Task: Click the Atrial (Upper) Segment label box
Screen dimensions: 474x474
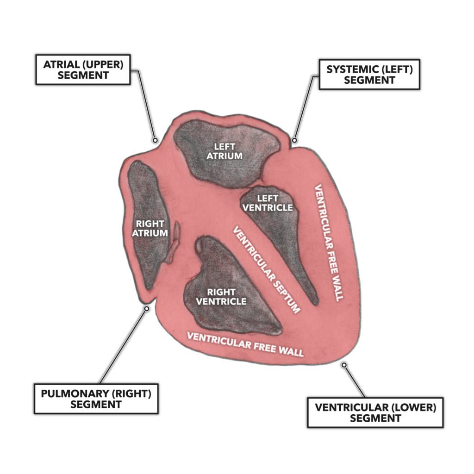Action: click(x=83, y=70)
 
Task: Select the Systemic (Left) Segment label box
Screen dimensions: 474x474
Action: click(x=369, y=74)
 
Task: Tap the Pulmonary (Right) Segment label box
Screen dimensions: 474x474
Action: click(x=96, y=399)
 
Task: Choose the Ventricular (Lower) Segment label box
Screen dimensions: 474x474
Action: click(x=375, y=412)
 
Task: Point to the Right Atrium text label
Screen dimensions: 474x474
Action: click(x=150, y=228)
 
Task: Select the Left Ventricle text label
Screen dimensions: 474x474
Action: click(x=268, y=203)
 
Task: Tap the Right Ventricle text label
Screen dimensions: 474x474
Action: click(x=221, y=297)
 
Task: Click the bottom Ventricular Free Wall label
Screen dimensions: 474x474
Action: click(x=245, y=344)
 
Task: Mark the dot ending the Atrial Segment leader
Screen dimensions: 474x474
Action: click(x=156, y=140)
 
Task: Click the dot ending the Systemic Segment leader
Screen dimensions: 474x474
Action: click(x=294, y=140)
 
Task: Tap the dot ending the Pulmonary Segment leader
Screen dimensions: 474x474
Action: click(x=147, y=308)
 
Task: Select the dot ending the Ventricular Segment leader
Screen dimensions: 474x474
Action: click(x=344, y=365)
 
